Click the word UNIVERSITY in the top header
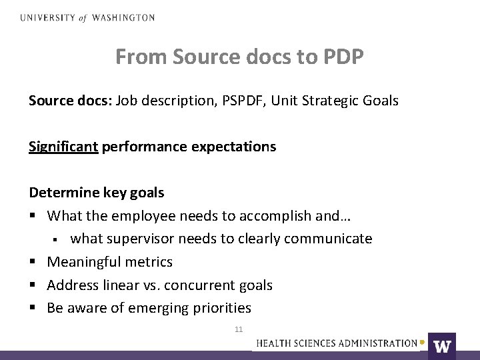47,18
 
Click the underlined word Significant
63,147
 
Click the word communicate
331,239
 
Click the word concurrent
202,285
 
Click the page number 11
239,329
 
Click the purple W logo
441,345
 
